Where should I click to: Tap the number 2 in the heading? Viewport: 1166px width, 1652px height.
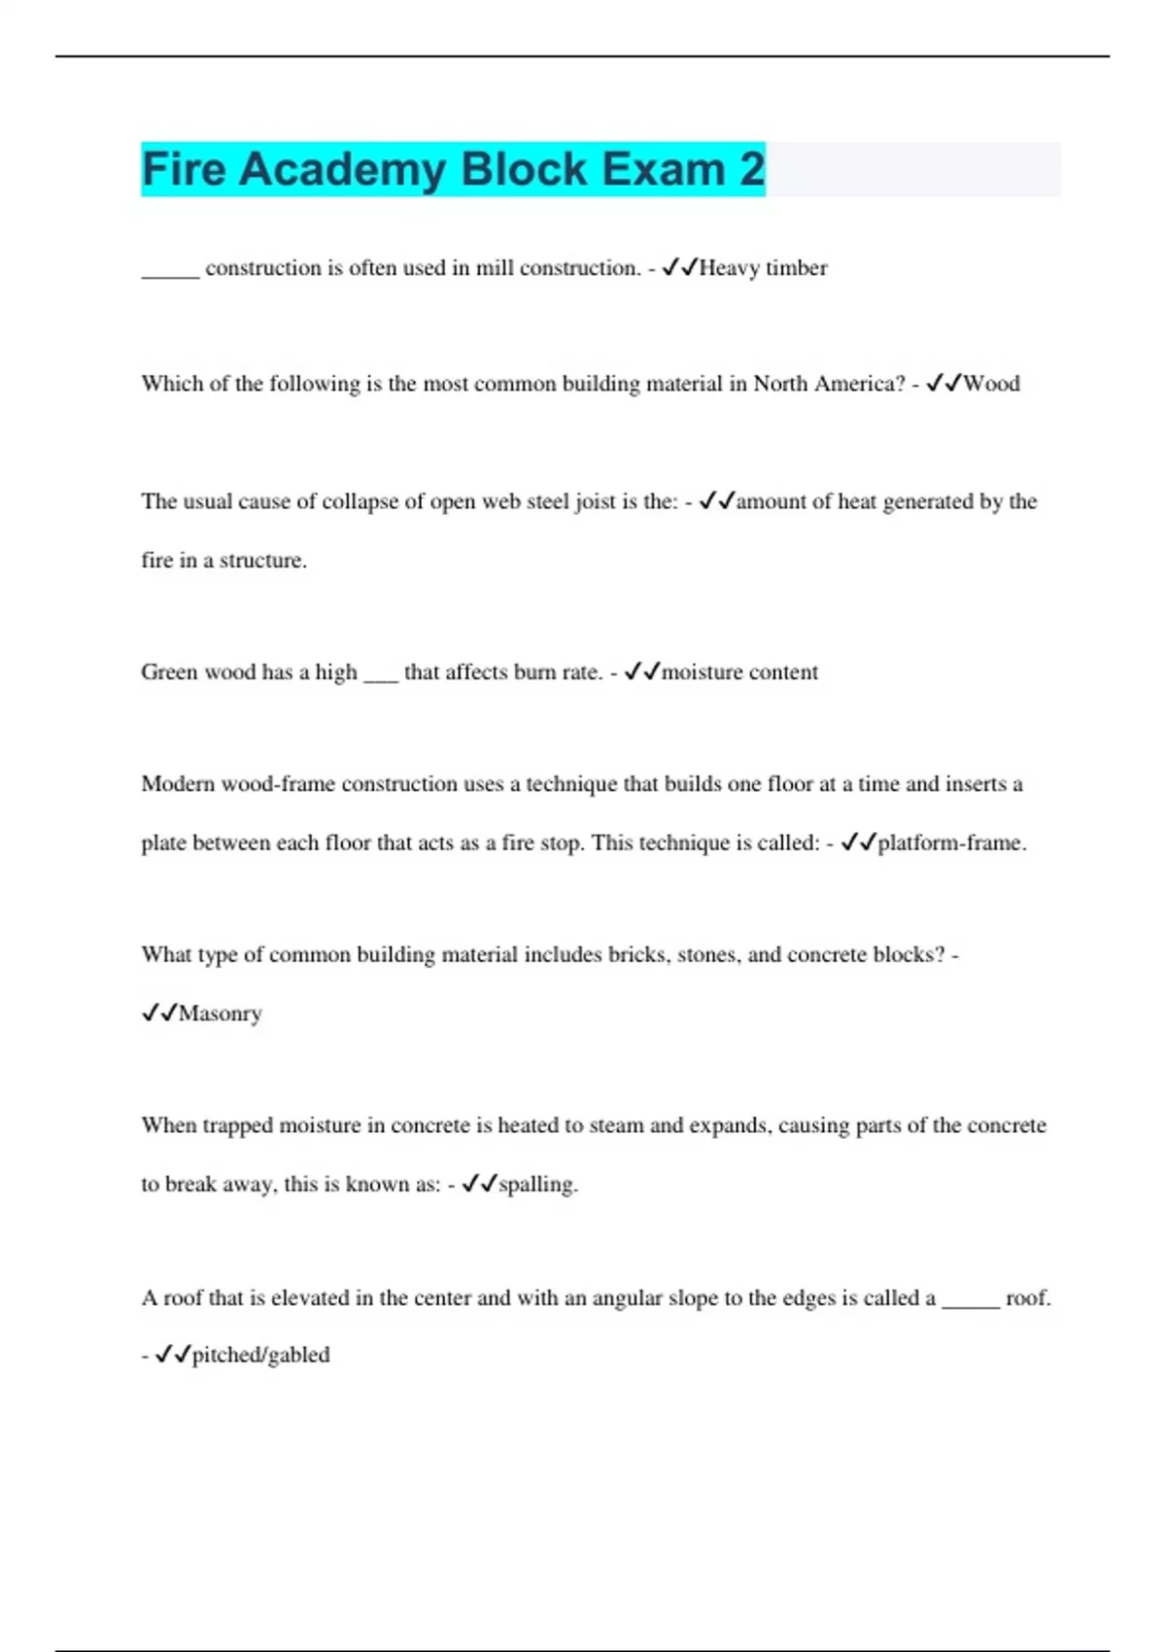coord(751,169)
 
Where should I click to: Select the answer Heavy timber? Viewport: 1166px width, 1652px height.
coord(763,268)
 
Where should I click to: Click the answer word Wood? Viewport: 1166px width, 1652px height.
coord(991,384)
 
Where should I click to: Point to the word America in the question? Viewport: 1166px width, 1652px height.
coord(858,384)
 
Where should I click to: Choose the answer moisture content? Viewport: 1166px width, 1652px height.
coord(739,672)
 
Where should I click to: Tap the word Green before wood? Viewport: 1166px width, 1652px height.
coord(168,672)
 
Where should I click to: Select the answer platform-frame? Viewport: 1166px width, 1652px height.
coord(951,843)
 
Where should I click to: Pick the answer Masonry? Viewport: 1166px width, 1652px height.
coord(220,1014)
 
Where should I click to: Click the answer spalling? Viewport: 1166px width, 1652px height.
coord(537,1185)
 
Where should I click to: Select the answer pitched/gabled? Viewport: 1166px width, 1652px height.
coord(260,1355)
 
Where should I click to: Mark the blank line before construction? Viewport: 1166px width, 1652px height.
coord(170,274)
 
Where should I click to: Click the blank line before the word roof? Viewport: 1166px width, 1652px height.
coord(971,1304)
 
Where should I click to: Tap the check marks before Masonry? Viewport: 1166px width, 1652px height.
coord(159,1014)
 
